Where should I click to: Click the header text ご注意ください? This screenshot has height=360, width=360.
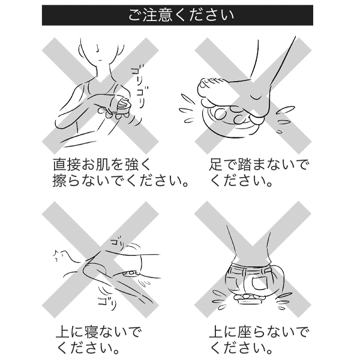[x=180, y=15]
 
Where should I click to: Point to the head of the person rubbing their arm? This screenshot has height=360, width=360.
[x=100, y=50]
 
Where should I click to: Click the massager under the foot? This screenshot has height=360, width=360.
[x=231, y=117]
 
